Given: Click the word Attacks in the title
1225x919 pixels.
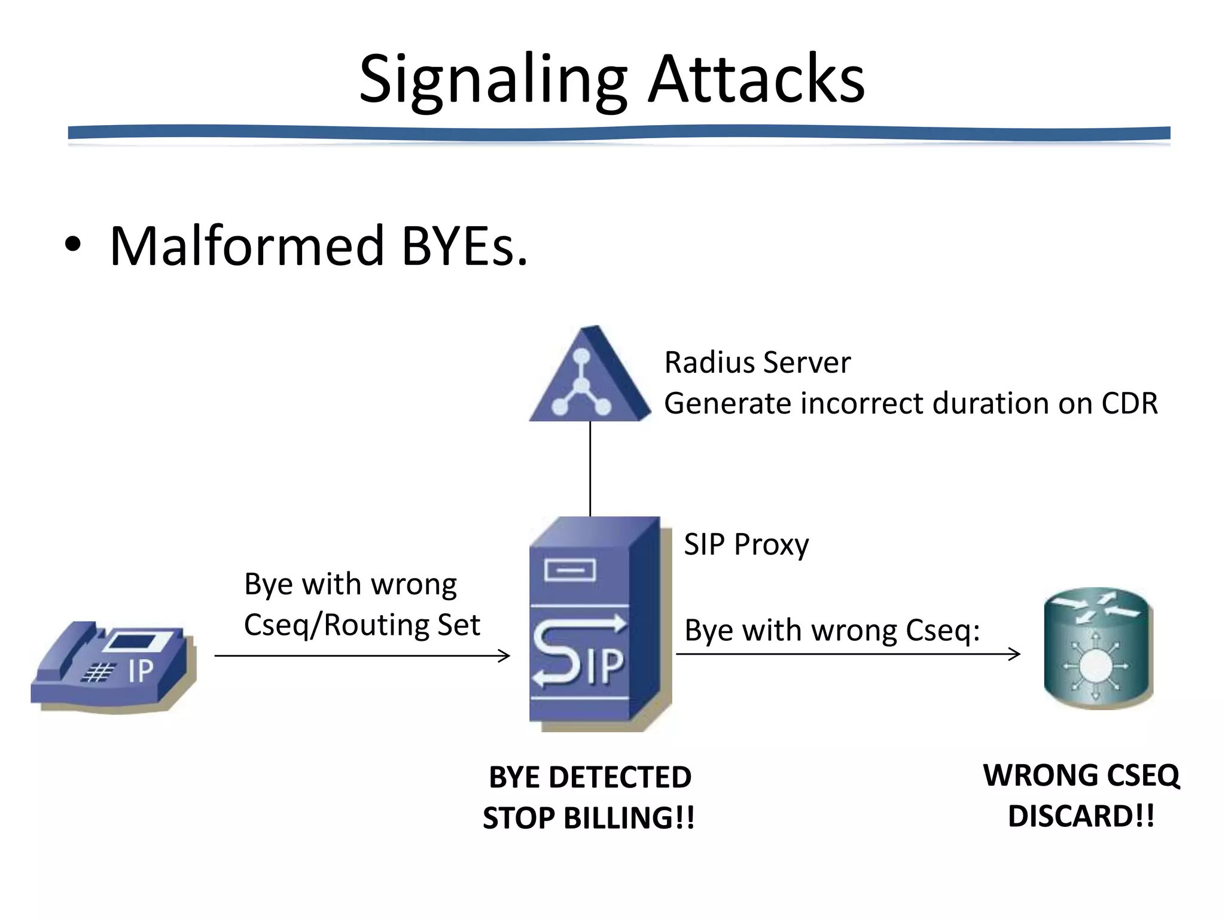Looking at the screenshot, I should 757,80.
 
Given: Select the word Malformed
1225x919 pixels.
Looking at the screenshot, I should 246,246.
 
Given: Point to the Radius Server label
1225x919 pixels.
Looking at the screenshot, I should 757,363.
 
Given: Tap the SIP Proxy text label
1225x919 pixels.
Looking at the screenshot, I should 746,544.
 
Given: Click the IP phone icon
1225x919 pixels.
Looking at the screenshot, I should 114,667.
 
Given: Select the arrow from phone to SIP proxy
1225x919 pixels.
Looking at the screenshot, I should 362,656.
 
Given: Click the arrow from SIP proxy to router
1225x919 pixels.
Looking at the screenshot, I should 848,654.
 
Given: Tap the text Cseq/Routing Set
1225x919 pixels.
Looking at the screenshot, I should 362,625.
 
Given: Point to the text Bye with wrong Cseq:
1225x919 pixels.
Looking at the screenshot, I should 832,630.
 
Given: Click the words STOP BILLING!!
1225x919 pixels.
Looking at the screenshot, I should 589,818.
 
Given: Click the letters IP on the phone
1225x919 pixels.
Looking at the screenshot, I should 141,671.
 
